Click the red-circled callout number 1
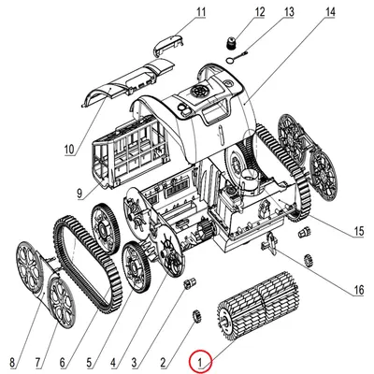point(200,363)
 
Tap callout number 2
point(163,363)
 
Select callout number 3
point(134,363)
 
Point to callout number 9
point(79,194)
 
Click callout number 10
point(69,150)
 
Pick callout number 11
point(201,12)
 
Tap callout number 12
point(259,12)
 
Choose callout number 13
point(288,12)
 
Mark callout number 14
point(329,12)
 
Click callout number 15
point(358,231)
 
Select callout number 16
point(358,290)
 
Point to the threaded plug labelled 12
point(231,43)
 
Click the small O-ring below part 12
point(231,59)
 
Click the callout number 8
point(12,363)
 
